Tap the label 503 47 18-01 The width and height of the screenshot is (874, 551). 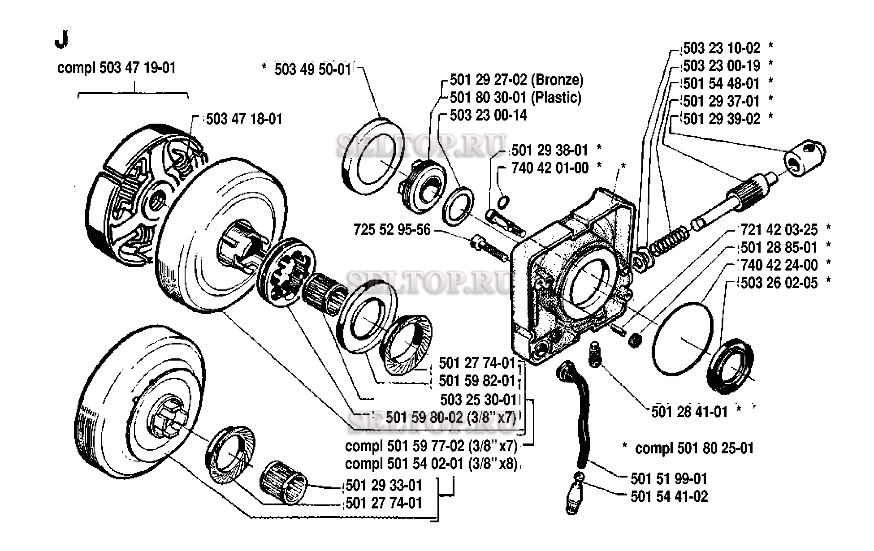coord(244,119)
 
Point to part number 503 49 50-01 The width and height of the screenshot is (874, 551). coord(312,69)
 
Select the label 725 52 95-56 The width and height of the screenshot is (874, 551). coord(392,230)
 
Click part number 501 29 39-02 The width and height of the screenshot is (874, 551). coord(722,119)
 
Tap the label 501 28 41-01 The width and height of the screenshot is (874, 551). coord(689,412)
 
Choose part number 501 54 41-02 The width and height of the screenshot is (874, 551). coord(669,496)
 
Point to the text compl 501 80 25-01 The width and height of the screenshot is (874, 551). coord(694,448)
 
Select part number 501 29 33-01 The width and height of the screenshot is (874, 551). coord(384,486)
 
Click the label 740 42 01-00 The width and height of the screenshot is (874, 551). coord(550,168)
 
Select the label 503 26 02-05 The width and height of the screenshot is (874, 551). coord(779,283)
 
